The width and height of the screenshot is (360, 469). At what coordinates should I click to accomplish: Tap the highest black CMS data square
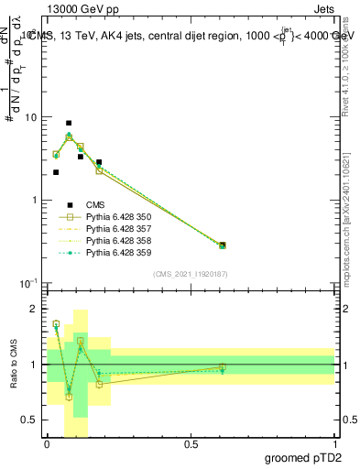point(69,123)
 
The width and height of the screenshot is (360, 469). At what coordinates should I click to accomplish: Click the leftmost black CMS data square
point(56,172)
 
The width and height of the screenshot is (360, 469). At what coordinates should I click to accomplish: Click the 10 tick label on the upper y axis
point(30,117)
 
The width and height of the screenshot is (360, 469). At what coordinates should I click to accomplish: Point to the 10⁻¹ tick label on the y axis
point(27,283)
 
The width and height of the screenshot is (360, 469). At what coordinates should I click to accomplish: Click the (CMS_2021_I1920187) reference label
point(191,274)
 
